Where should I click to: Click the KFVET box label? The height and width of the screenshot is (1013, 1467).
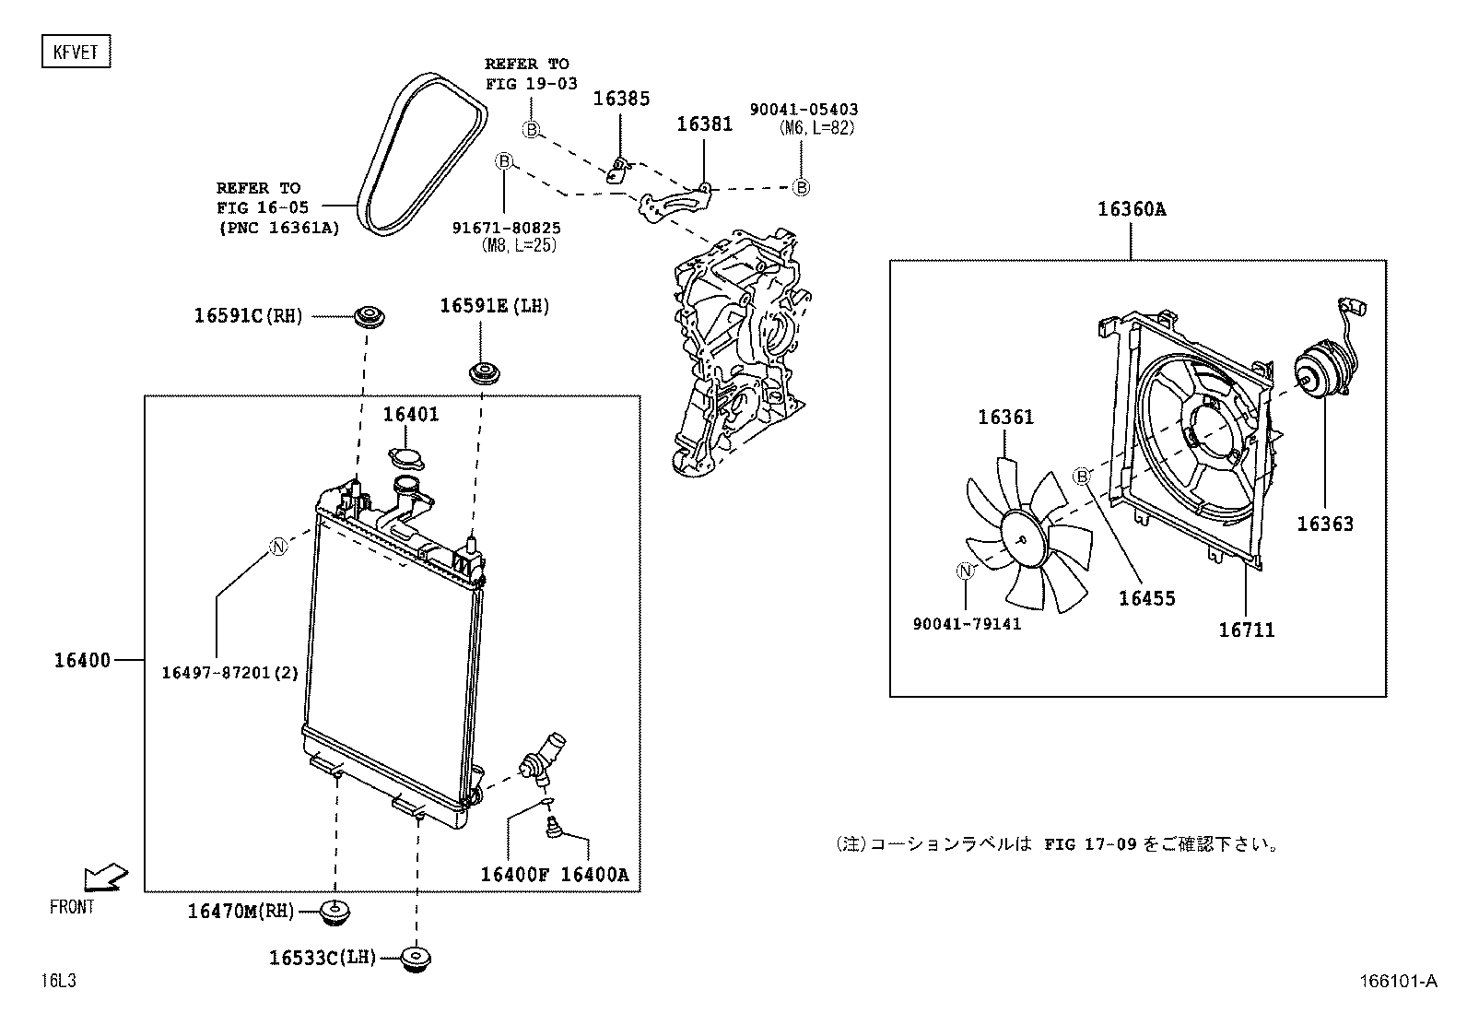pos(76,52)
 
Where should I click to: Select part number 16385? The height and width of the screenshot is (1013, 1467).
pos(620,99)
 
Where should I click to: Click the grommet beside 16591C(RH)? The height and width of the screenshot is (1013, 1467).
pos(370,316)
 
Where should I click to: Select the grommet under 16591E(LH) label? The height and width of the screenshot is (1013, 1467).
pos(482,373)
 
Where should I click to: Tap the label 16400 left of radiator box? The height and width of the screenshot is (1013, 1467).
pos(81,660)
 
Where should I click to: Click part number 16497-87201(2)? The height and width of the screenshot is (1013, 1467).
pos(230,673)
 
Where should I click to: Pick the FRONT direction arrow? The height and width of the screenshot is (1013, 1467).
pos(103,878)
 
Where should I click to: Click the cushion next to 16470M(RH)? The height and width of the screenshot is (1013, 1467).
pos(334,912)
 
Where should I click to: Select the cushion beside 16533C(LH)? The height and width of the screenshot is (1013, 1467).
pos(417,959)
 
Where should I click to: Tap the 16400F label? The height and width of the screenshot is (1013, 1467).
pos(514,874)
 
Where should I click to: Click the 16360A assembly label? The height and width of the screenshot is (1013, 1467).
pos(1131,209)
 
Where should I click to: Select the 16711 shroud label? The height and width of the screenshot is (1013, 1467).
pos(1246,630)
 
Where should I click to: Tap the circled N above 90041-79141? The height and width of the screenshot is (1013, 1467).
pos(965,571)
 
